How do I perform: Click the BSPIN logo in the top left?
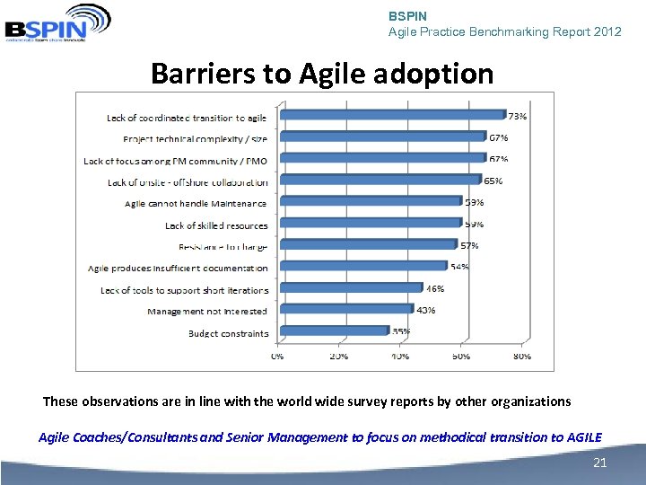click(x=56, y=22)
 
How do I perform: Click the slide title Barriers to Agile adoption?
click(x=322, y=73)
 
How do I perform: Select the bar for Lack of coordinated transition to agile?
click(x=392, y=115)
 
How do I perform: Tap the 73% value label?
click(x=518, y=116)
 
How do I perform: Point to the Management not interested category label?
click(x=207, y=311)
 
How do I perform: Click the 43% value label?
click(x=425, y=310)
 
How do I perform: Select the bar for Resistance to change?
click(x=366, y=244)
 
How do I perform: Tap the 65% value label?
click(x=493, y=181)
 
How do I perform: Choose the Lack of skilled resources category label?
click(x=216, y=225)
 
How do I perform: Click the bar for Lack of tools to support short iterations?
click(x=350, y=288)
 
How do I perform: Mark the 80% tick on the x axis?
click(x=521, y=356)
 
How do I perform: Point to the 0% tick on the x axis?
click(x=278, y=356)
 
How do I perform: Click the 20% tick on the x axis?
click(x=339, y=356)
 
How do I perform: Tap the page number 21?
click(x=600, y=463)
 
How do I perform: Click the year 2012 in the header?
click(x=607, y=31)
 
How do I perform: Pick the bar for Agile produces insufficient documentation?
click(x=362, y=267)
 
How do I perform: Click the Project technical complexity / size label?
click(x=196, y=138)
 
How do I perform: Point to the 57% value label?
click(x=469, y=245)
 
